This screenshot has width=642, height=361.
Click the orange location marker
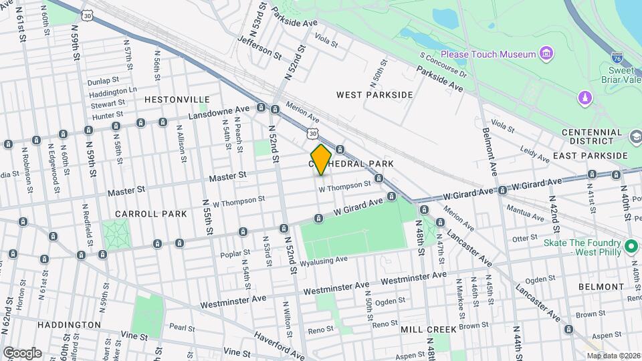point(321,160)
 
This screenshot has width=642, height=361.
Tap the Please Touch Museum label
point(488,54)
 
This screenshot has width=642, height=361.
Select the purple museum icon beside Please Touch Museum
point(546,53)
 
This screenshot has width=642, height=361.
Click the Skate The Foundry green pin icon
point(630,247)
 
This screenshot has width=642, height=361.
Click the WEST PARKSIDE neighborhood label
point(374,95)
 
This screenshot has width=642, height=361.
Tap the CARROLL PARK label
point(141,214)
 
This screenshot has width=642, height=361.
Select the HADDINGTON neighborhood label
point(50,325)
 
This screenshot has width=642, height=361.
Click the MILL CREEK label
point(428,330)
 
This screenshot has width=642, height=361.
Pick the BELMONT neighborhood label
point(603,286)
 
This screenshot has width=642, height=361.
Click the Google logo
point(22,353)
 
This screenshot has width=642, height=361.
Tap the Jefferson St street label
point(255,47)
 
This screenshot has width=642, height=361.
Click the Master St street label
point(228,176)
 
